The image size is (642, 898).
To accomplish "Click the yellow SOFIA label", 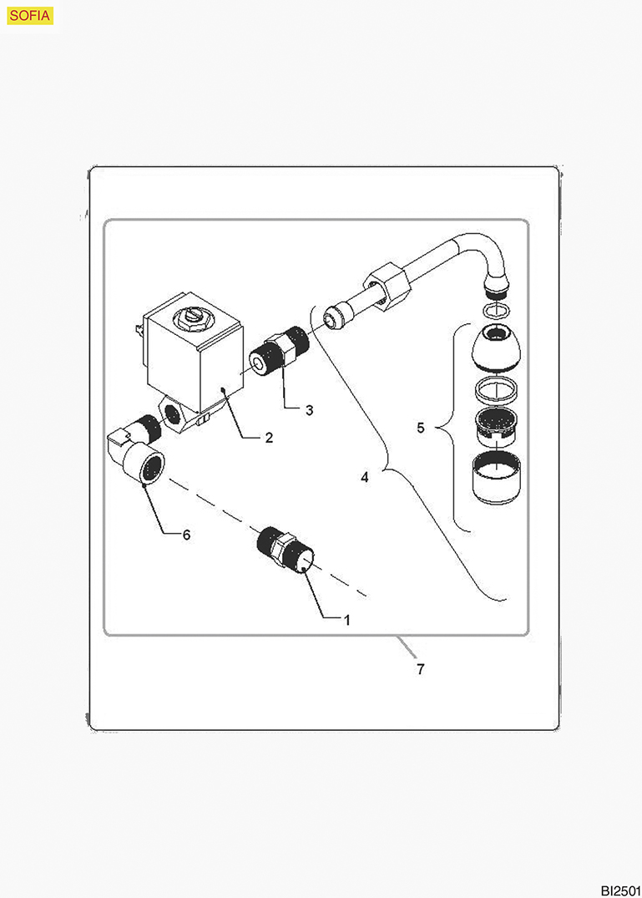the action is coord(30,16).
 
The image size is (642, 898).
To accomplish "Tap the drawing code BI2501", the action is coord(620,890).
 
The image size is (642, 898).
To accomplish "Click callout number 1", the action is coord(346,620).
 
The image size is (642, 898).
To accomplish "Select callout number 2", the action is coord(268,438).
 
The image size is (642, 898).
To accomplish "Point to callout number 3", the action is coord(309,410).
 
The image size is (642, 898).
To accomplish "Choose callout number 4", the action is coord(365,476).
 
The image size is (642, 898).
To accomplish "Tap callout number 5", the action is coord(421,428).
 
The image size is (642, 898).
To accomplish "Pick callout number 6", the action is coord(186,535).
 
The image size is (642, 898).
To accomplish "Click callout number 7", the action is coord(421,669).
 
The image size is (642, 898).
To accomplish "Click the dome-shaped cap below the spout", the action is coord(496,347).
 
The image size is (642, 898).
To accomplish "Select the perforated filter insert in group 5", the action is coord(496,425).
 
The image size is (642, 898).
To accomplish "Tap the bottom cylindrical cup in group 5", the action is coord(496,478).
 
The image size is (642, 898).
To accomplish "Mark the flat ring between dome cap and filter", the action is coord(496,391).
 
